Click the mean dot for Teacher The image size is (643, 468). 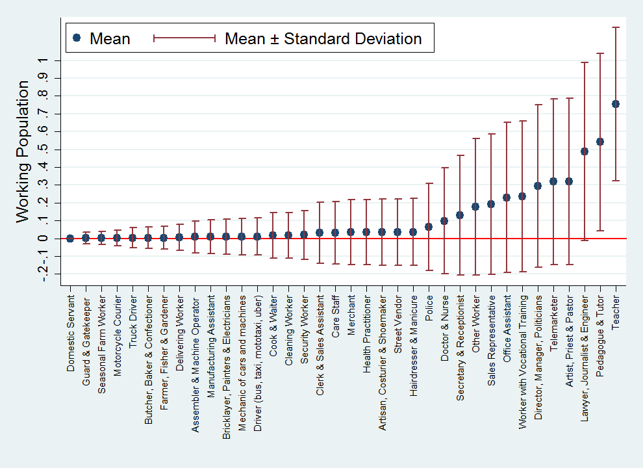pyautogui.click(x=616, y=104)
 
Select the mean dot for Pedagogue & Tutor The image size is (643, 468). pyautogui.click(x=600, y=142)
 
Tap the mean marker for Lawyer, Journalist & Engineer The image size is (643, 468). pyautogui.click(x=585, y=151)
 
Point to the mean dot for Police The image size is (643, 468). pyautogui.click(x=429, y=227)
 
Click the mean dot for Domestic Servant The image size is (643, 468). pyautogui.click(x=70, y=238)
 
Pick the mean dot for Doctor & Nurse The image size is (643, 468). pyautogui.click(x=444, y=221)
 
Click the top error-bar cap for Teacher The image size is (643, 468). pyautogui.click(x=616, y=27)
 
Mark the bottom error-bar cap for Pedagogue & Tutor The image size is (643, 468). pyautogui.click(x=600, y=230)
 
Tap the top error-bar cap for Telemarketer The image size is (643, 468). pyautogui.click(x=553, y=99)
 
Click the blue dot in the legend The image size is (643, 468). pyautogui.click(x=77, y=38)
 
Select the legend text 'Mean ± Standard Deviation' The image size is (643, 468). pyautogui.click(x=323, y=38)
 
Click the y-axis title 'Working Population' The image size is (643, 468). pyautogui.click(x=23, y=151)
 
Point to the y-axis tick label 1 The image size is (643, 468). pyautogui.click(x=42, y=60)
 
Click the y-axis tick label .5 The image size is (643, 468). pyautogui.click(x=42, y=149)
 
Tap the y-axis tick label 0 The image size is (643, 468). pyautogui.click(x=42, y=239)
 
